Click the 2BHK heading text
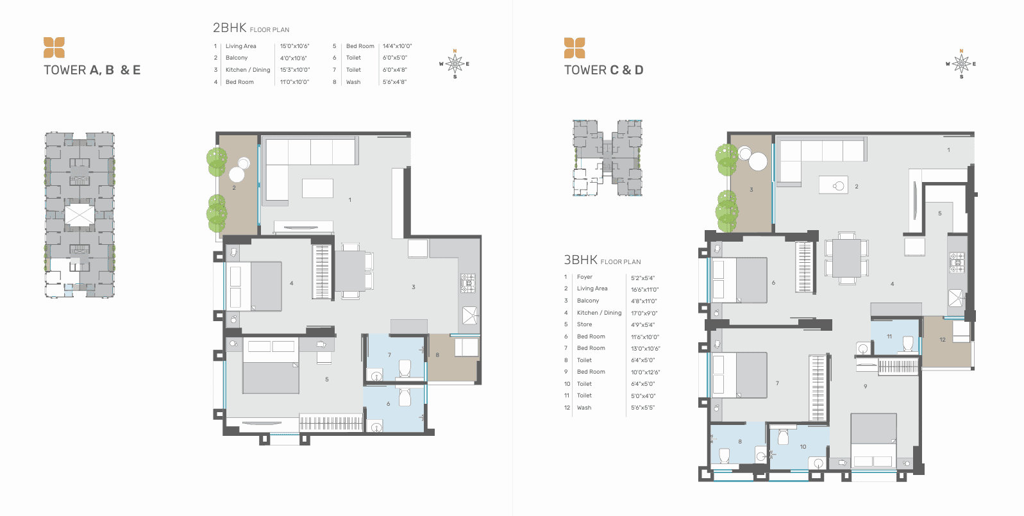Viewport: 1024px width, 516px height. (230, 28)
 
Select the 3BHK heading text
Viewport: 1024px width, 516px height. (580, 260)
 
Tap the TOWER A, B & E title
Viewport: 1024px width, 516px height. (92, 70)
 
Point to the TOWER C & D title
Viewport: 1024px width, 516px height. (603, 70)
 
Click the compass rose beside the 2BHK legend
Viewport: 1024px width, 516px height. (455, 64)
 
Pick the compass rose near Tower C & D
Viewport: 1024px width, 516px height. (961, 64)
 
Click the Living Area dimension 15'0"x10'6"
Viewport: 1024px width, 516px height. (295, 46)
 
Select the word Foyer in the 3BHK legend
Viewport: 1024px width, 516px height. (585, 277)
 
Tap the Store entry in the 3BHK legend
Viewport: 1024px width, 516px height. (584, 324)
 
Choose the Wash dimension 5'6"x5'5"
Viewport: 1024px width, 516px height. (642, 408)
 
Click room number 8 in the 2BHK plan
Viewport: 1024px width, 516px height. (437, 355)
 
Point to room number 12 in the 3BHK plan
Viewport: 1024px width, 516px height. (943, 340)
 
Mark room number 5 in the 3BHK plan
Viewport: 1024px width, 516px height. (940, 213)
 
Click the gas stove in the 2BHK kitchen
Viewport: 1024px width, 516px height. (468, 283)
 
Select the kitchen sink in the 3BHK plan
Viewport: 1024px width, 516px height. (957, 298)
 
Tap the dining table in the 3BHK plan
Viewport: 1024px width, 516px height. (846, 258)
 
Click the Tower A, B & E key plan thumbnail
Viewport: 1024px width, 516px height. (80, 215)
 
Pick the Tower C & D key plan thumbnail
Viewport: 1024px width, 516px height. (608, 158)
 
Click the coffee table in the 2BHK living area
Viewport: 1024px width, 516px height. (317, 188)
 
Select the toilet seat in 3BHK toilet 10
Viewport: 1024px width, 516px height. (783, 437)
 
